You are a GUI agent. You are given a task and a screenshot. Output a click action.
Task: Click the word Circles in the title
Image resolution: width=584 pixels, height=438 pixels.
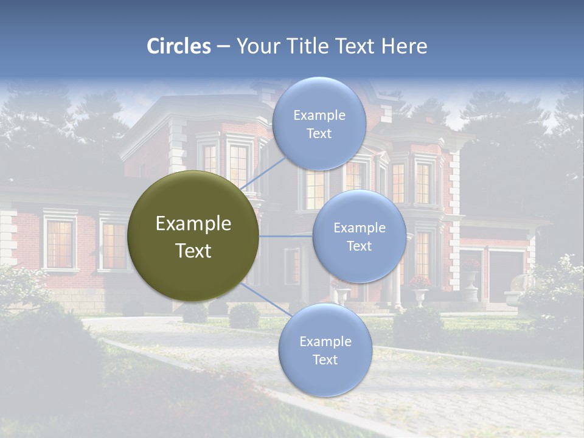coord(179,46)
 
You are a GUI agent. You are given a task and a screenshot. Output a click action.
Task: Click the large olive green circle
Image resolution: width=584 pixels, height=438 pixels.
coord(193,236)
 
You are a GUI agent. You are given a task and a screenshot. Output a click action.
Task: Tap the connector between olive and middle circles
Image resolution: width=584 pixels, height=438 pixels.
coord(286,236)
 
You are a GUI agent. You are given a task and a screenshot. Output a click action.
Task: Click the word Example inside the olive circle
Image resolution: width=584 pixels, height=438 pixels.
coord(193,223)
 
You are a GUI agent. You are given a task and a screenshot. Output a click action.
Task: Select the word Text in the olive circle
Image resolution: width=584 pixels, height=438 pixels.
coord(193,251)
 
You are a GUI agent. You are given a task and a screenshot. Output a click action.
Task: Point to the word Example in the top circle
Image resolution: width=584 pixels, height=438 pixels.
coord(319,116)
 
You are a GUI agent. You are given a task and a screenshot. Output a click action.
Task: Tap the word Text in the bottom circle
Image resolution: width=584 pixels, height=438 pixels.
coord(325,360)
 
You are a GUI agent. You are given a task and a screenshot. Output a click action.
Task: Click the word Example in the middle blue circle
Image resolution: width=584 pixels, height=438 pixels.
coord(359,228)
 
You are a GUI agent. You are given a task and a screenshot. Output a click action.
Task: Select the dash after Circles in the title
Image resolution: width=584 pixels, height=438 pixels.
coord(223,46)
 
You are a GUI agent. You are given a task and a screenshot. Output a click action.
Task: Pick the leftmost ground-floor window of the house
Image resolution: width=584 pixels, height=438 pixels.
coord(60,243)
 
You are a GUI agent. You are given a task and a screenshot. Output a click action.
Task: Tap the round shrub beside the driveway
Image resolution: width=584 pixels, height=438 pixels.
coord(244,316)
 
